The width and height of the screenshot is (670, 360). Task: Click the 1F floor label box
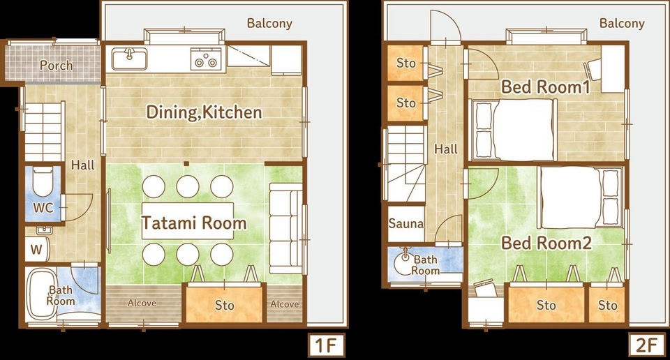tap(326, 345)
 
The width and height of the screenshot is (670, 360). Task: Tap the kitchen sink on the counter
tap(130, 59)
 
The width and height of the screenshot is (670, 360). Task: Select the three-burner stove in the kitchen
tap(206, 59)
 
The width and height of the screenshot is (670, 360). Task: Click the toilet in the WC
tap(43, 181)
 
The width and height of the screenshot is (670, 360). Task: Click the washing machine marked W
tap(37, 249)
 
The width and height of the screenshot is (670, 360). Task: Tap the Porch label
tap(56, 66)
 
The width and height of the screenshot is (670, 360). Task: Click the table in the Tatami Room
tap(188, 220)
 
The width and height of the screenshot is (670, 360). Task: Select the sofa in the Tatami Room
tap(285, 228)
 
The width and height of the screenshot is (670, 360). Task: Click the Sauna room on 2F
tap(406, 223)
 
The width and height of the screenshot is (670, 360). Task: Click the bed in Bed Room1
tap(514, 130)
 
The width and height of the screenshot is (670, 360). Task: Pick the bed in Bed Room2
tap(580, 197)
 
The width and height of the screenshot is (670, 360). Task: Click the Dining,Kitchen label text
tap(204, 112)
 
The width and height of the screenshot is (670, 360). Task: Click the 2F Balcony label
tap(622, 23)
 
